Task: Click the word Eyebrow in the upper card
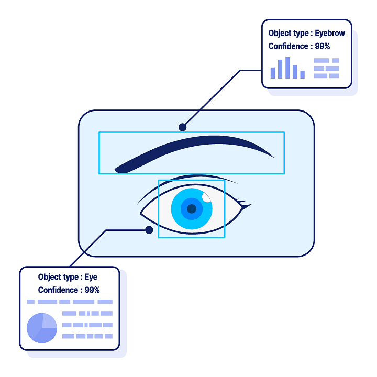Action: click(x=330, y=33)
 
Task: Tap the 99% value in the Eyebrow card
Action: click(x=323, y=46)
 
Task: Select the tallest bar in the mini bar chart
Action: click(x=287, y=68)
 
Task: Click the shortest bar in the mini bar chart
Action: click(x=302, y=74)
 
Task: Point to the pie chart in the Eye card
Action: click(x=41, y=328)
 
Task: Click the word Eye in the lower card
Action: click(x=91, y=277)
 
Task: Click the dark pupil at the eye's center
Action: click(x=192, y=209)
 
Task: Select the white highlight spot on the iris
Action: click(x=206, y=197)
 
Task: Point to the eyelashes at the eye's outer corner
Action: click(x=244, y=202)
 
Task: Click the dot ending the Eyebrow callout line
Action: click(x=182, y=127)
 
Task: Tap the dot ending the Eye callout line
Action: click(x=149, y=230)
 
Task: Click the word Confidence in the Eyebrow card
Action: click(x=288, y=46)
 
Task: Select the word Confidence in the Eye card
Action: click(x=58, y=290)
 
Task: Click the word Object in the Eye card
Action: click(x=50, y=277)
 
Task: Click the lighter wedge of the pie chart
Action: click(x=48, y=320)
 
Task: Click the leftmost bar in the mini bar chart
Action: click(x=272, y=73)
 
